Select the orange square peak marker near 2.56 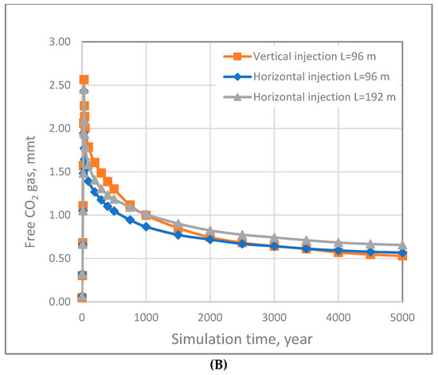coord(84,80)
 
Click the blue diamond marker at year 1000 coord(146,227)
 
